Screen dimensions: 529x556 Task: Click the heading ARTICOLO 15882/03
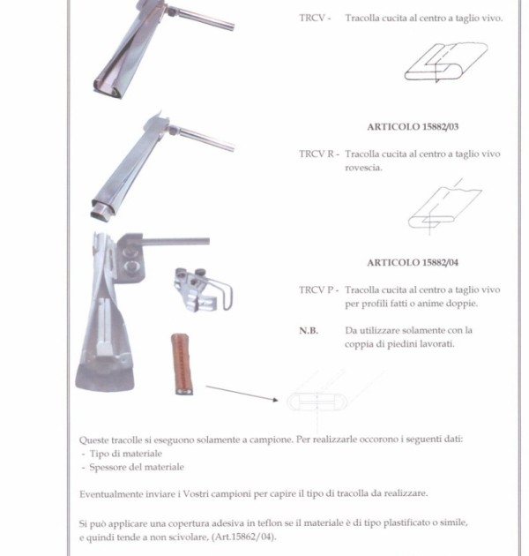coord(413,127)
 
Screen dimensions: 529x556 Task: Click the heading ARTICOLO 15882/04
coord(413,263)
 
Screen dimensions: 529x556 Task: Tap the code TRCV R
coord(317,154)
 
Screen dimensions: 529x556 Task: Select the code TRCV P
coord(316,290)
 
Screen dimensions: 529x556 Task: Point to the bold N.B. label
coord(309,331)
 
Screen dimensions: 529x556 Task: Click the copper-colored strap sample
coord(183,364)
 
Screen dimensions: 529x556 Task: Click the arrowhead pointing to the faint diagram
coord(275,400)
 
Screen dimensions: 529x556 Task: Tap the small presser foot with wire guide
coord(203,289)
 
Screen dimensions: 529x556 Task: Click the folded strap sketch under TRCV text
coord(446,63)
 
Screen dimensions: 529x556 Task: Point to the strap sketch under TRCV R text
coord(445,207)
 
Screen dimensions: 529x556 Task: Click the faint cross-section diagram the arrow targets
coord(317,402)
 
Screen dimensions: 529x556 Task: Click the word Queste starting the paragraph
coord(93,440)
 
